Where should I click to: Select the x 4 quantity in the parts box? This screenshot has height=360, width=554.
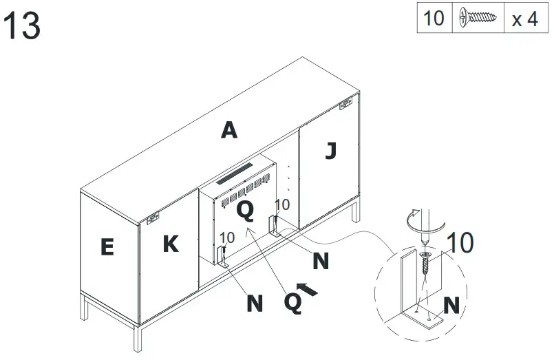[524, 19]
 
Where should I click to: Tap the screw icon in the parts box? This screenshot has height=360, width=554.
[478, 19]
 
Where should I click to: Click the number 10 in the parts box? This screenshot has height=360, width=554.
[434, 19]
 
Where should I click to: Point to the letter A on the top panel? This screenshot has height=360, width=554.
[229, 129]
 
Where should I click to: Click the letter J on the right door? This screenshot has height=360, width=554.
[330, 150]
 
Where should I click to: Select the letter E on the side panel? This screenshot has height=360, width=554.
[107, 247]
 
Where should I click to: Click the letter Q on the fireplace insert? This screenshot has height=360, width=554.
[245, 209]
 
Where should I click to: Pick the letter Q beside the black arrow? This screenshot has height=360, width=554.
[294, 302]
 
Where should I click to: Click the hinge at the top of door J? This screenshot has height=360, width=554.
[345, 105]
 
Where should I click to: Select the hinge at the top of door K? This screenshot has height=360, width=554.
[153, 219]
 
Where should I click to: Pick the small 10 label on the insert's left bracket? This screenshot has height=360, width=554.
[227, 237]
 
